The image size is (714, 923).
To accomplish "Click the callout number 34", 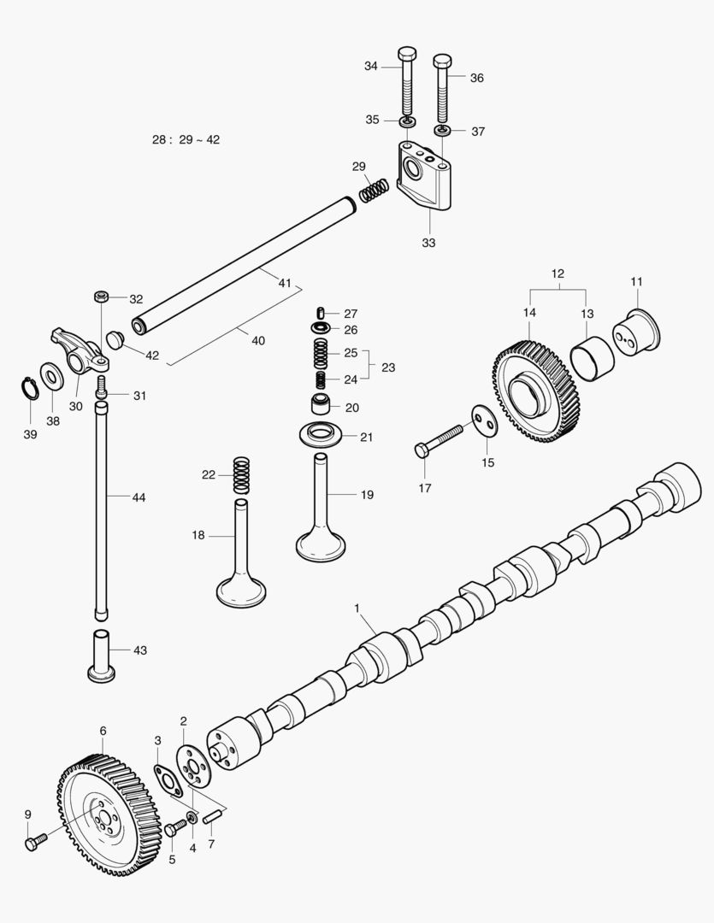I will click(370, 66).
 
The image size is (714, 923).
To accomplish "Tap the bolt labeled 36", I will click(441, 90).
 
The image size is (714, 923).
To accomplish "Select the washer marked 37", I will click(442, 132).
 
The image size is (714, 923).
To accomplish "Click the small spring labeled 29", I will click(373, 191).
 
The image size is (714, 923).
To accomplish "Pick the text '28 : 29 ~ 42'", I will click(187, 139).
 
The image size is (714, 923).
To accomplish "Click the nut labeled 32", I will click(101, 297).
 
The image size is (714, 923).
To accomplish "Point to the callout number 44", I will click(139, 497).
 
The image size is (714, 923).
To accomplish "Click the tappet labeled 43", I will click(102, 656).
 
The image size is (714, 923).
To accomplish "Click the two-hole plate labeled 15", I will click(483, 420).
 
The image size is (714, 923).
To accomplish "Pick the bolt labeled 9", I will click(33, 844).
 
